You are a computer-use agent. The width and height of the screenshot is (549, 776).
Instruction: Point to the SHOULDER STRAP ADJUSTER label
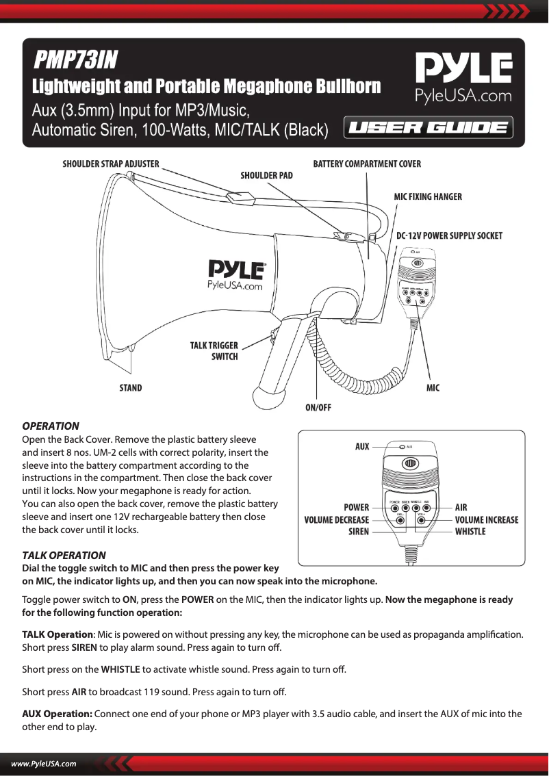tap(111, 164)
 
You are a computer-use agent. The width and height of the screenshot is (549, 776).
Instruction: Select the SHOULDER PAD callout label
tap(266, 176)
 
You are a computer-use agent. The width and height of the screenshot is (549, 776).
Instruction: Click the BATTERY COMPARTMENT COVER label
tap(367, 164)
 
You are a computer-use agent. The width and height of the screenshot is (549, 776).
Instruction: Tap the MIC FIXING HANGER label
tap(428, 197)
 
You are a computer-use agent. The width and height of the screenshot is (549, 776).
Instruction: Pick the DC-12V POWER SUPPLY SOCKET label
tap(450, 236)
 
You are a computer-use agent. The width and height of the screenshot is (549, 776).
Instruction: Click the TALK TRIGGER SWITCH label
tap(214, 351)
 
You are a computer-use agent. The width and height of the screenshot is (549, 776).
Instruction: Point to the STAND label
tap(131, 388)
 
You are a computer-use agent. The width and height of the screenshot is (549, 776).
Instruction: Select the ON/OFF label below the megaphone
tap(318, 408)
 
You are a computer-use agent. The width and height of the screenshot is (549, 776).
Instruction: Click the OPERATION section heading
tap(51, 426)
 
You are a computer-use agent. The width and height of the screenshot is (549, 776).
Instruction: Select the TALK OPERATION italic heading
tap(64, 555)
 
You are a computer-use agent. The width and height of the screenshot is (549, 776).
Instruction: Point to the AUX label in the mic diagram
tap(362, 447)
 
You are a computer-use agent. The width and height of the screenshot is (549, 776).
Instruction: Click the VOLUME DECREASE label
tap(337, 520)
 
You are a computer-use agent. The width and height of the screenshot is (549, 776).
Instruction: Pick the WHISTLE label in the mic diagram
tap(470, 532)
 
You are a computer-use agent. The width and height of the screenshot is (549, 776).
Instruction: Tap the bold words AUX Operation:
tap(58, 714)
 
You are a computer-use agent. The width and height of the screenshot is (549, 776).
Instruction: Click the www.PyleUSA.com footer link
tap(43, 764)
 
